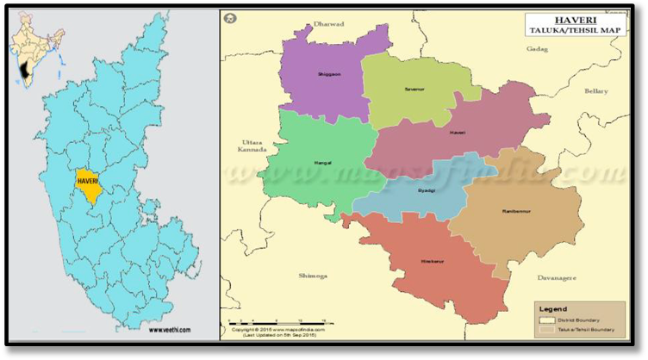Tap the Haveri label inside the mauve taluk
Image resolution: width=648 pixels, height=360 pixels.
point(457,133)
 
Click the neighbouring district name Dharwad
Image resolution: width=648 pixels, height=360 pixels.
point(328,24)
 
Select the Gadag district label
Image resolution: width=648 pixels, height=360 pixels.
point(537,49)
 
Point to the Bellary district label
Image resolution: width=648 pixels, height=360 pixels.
point(595,90)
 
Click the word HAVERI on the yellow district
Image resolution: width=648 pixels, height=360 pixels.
point(89,182)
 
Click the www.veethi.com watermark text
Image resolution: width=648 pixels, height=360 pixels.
point(169,329)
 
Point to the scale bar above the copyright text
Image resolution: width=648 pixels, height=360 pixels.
point(259,325)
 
